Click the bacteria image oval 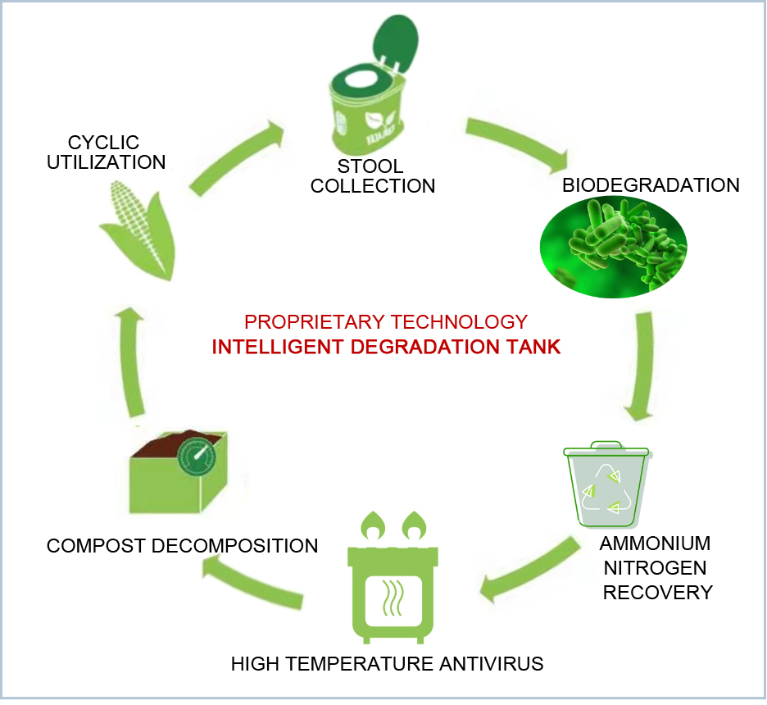613,248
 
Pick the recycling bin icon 607,487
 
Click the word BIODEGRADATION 651,184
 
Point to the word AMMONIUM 655,544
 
